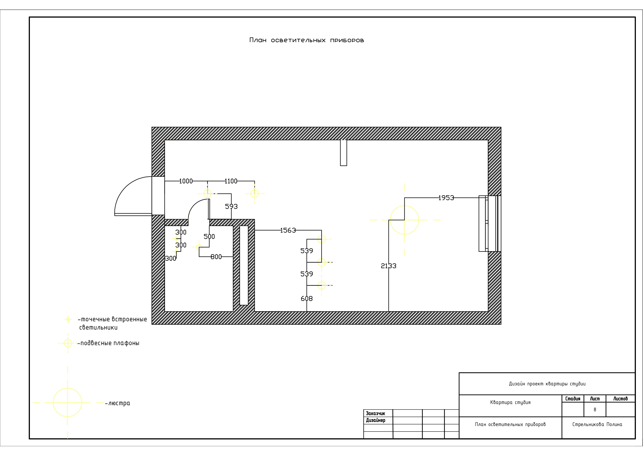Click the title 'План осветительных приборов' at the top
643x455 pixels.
pyautogui.click(x=307, y=40)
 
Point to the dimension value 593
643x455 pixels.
pyautogui.click(x=231, y=207)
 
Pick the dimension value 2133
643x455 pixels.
pyautogui.click(x=389, y=266)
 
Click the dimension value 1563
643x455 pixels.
pyautogui.click(x=288, y=230)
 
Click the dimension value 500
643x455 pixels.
pyautogui.click(x=209, y=237)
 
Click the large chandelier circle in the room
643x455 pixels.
pyautogui.click(x=404, y=206)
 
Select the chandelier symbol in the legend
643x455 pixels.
pyautogui.click(x=67, y=388)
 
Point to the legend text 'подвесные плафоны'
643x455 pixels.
pyautogui.click(x=110, y=343)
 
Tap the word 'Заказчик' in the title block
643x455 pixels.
pyautogui.click(x=376, y=414)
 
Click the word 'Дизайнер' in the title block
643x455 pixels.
pyautogui.click(x=376, y=420)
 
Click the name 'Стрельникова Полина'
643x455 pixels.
pyautogui.click(x=597, y=424)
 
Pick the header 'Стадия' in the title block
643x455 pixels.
pyautogui.click(x=573, y=399)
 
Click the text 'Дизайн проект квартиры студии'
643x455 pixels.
pyautogui.click(x=547, y=384)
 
